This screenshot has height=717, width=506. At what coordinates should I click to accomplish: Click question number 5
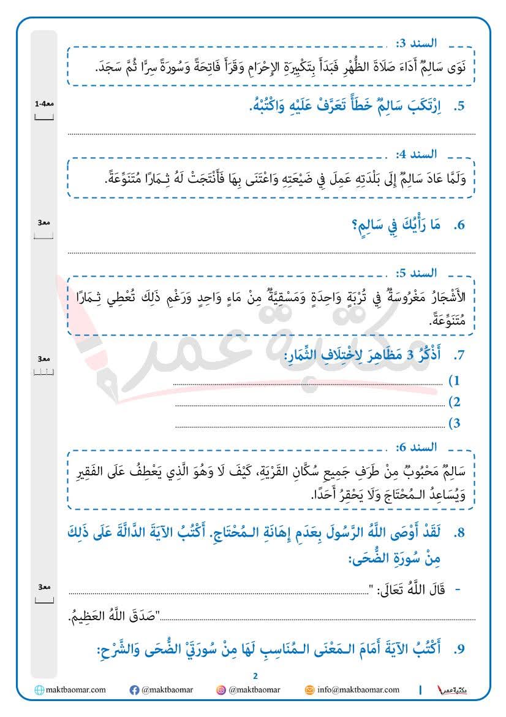tap(459, 107)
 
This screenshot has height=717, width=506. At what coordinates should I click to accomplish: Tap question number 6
tap(459, 226)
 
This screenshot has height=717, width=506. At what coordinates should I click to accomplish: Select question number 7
tap(459, 356)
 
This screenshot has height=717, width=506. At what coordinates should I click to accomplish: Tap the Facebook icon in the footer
tap(134, 690)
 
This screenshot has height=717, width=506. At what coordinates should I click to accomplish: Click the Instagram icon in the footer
tap(221, 690)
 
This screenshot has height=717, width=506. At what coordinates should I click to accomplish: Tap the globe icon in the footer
tap(40, 690)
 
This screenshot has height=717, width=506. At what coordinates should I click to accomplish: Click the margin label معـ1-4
tap(44, 104)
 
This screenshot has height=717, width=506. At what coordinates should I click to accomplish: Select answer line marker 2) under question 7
tap(455, 402)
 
